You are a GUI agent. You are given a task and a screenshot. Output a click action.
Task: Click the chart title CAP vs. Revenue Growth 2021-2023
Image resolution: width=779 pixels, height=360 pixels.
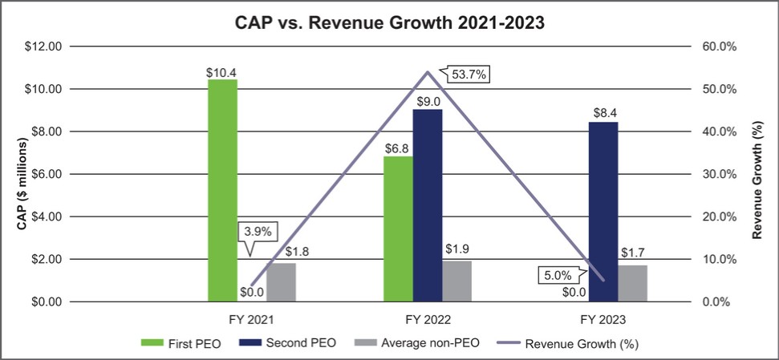(389, 23)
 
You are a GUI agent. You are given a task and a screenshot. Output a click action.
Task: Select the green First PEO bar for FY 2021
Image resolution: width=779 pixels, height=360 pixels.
(222, 191)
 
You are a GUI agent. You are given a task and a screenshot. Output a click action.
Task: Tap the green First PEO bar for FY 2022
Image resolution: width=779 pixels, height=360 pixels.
(398, 229)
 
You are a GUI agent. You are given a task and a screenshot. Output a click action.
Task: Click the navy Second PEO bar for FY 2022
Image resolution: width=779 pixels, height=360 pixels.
(428, 205)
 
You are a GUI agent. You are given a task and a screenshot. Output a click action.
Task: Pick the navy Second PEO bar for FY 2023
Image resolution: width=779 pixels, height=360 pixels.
(603, 212)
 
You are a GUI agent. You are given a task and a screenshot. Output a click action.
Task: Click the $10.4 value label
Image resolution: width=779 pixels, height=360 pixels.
(222, 73)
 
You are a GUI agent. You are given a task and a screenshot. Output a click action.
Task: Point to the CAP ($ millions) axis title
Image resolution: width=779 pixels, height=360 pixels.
(23, 184)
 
